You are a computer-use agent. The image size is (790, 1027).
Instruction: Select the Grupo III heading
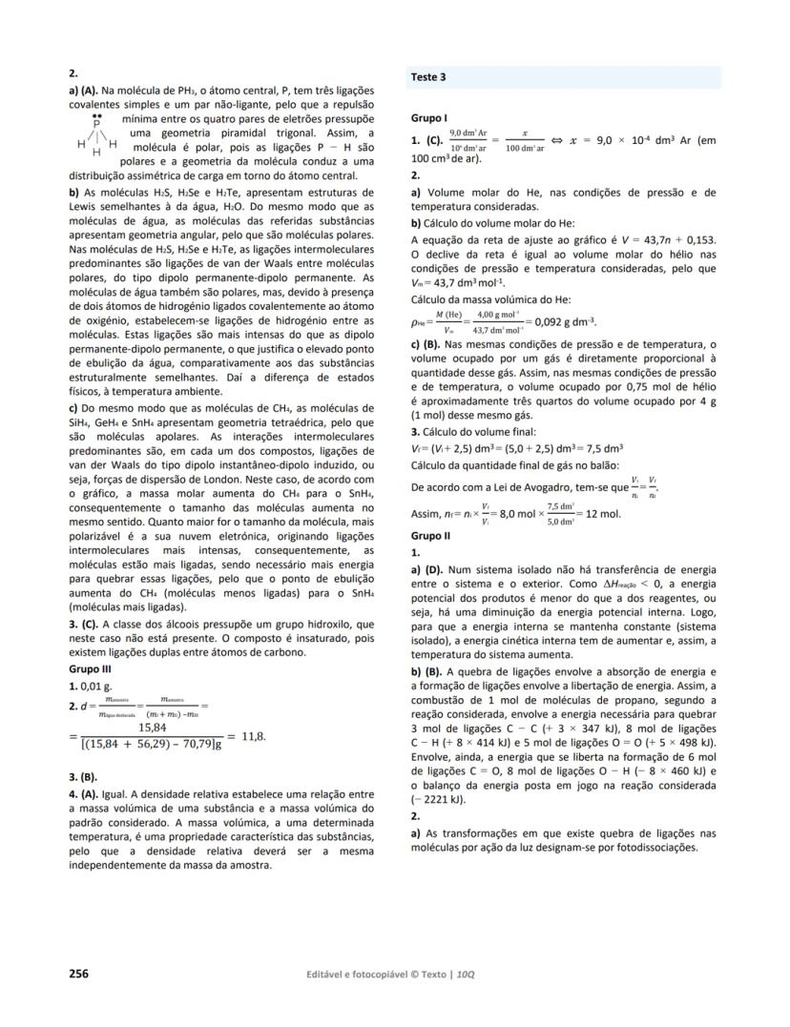click(88, 669)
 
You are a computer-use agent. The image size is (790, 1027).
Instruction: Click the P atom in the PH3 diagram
click(96, 124)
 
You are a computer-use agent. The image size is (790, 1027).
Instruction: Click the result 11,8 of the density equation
click(253, 737)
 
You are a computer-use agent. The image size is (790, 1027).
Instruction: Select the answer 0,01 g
click(95, 686)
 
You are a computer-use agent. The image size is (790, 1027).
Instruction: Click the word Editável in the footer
click(322, 975)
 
